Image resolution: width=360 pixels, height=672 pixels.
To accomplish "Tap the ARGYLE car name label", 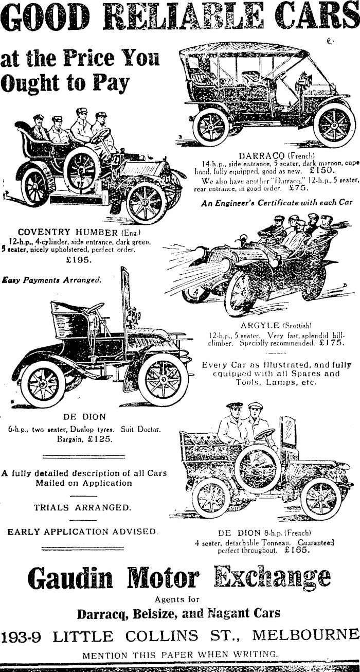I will [x=260, y=325].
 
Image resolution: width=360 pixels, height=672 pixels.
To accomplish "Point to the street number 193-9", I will [x=21, y=636].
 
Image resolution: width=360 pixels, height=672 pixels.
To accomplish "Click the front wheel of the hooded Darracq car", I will [x=334, y=125].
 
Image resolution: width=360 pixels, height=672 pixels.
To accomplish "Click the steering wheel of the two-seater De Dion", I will [x=95, y=309].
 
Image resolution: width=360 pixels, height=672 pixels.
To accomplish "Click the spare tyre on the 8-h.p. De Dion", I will [x=258, y=468].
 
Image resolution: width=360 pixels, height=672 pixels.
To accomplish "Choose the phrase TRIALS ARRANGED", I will [x=82, y=507].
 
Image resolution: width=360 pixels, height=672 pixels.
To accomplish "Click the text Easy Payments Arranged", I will [x=51, y=280].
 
